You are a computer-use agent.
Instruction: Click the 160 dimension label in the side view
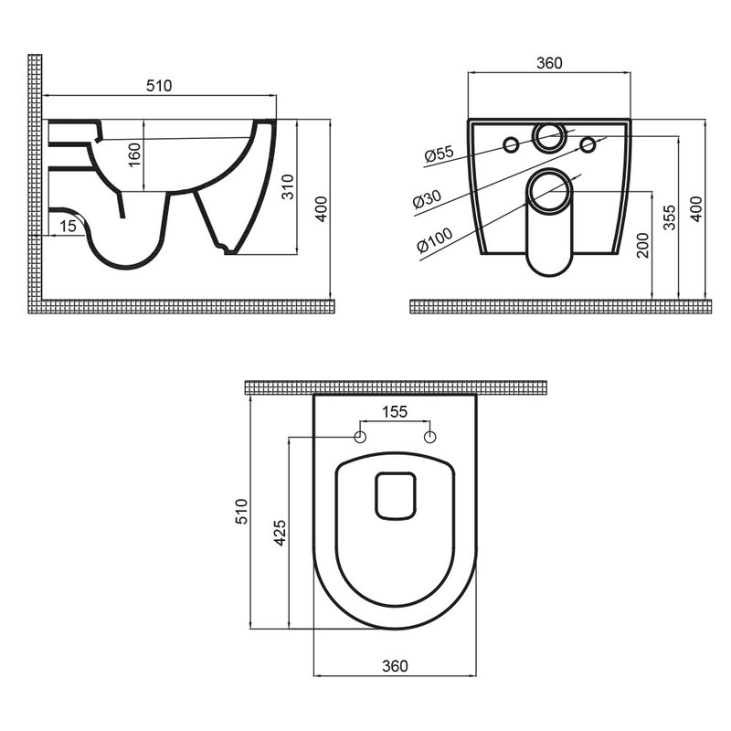pos(133,154)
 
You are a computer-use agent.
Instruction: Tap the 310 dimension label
pos(288,186)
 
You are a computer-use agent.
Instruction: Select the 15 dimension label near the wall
pos(68,226)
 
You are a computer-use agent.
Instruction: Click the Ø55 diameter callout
pos(439,154)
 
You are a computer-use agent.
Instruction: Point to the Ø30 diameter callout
pos(427,199)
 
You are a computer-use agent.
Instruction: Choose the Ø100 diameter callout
pos(435,239)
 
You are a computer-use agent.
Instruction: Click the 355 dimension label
pos(669,217)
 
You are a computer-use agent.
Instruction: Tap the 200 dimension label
pos(643,245)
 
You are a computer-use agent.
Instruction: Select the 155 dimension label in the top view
pos(395,412)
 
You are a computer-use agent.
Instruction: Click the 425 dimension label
pos(280,533)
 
